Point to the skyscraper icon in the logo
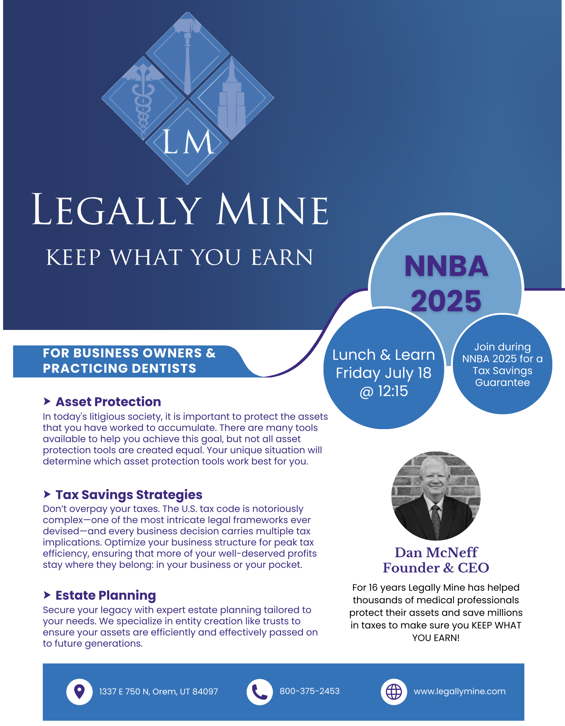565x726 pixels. [232, 98]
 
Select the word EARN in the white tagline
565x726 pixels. [282, 257]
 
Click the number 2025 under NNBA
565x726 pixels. [446, 301]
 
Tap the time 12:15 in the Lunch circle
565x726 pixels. [393, 391]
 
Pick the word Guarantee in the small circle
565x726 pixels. [502, 383]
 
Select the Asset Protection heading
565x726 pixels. [108, 402]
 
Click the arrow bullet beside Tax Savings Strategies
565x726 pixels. [47, 494]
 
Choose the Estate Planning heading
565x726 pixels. [106, 595]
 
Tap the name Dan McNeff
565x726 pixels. [436, 552]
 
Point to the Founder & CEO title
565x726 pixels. [436, 568]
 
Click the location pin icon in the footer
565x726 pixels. [80, 691]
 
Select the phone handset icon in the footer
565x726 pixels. [259, 692]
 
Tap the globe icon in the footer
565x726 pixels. [394, 692]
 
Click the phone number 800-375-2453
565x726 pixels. [309, 691]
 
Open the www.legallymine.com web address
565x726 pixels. [460, 691]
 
